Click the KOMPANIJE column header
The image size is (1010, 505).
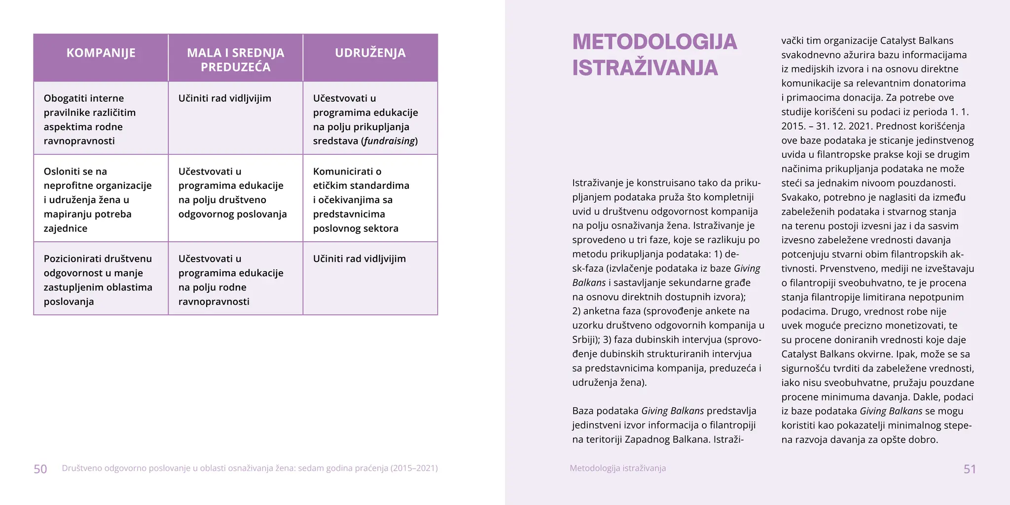(101, 53)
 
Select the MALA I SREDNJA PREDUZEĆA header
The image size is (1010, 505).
(235, 60)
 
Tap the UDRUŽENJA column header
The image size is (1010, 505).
(370, 53)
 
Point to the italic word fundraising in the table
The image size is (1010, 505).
(390, 141)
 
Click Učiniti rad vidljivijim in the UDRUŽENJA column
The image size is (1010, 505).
(359, 259)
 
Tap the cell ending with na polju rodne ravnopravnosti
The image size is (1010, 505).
(230, 280)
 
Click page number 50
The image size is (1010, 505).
(40, 469)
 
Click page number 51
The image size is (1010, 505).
(970, 469)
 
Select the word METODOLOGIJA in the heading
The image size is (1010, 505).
(654, 42)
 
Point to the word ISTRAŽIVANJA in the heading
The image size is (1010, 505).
(645, 68)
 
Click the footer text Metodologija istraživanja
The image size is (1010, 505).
(617, 468)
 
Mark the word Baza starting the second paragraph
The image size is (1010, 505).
(583, 411)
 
